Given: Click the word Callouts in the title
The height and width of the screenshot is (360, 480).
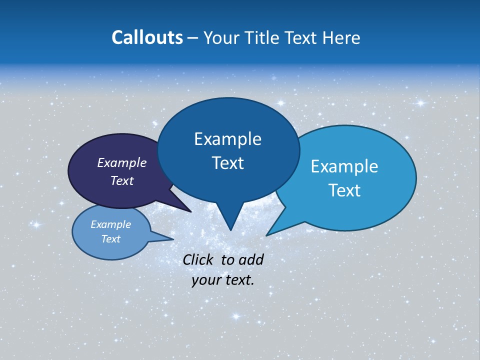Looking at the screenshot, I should point(147,37).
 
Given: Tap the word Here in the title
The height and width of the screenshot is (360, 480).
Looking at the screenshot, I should point(341,37).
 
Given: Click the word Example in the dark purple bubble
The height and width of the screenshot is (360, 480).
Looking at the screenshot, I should point(122,162).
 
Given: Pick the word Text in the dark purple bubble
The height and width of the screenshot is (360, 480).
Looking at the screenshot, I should point(122,180).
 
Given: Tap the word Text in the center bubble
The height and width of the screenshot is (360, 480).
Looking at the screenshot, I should point(227,162).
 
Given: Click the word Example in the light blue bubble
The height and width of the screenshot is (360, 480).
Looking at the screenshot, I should point(344,166).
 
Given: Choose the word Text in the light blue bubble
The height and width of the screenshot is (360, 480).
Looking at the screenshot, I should point(344,190).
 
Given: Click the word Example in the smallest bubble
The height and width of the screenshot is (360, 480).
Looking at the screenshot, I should point(111,224).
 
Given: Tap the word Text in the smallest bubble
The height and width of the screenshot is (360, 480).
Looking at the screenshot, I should point(111,239).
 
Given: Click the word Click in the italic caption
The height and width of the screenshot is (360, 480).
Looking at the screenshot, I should point(199,259).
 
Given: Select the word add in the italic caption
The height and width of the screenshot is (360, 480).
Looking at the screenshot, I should point(251,259).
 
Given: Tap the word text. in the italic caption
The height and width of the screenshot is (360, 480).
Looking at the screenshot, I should point(238,280).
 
